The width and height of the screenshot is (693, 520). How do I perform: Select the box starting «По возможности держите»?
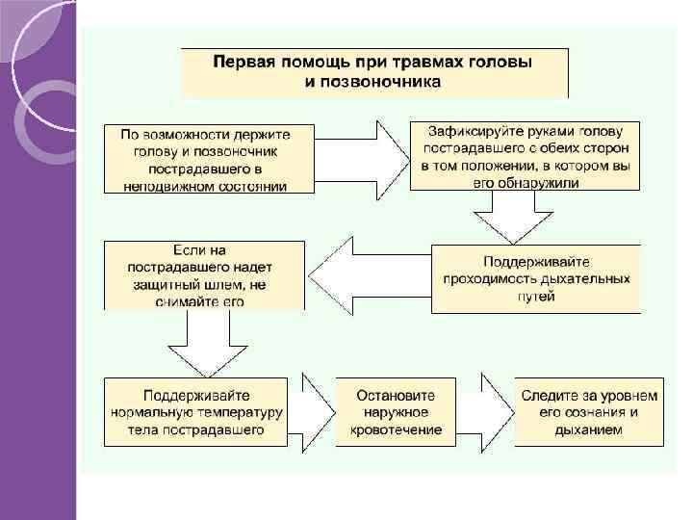(x=209, y=158)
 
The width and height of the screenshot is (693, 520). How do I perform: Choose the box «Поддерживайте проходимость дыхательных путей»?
(x=535, y=279)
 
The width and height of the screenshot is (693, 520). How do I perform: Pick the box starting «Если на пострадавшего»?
(x=204, y=275)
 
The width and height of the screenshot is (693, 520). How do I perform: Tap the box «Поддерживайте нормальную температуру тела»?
(x=196, y=412)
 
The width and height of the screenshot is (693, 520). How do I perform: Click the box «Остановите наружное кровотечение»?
(x=396, y=412)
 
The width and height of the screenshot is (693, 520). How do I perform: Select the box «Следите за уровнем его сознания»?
(x=589, y=412)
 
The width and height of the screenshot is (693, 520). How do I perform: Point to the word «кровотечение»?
(x=396, y=429)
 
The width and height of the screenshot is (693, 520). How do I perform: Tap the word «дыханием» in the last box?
(x=589, y=429)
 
